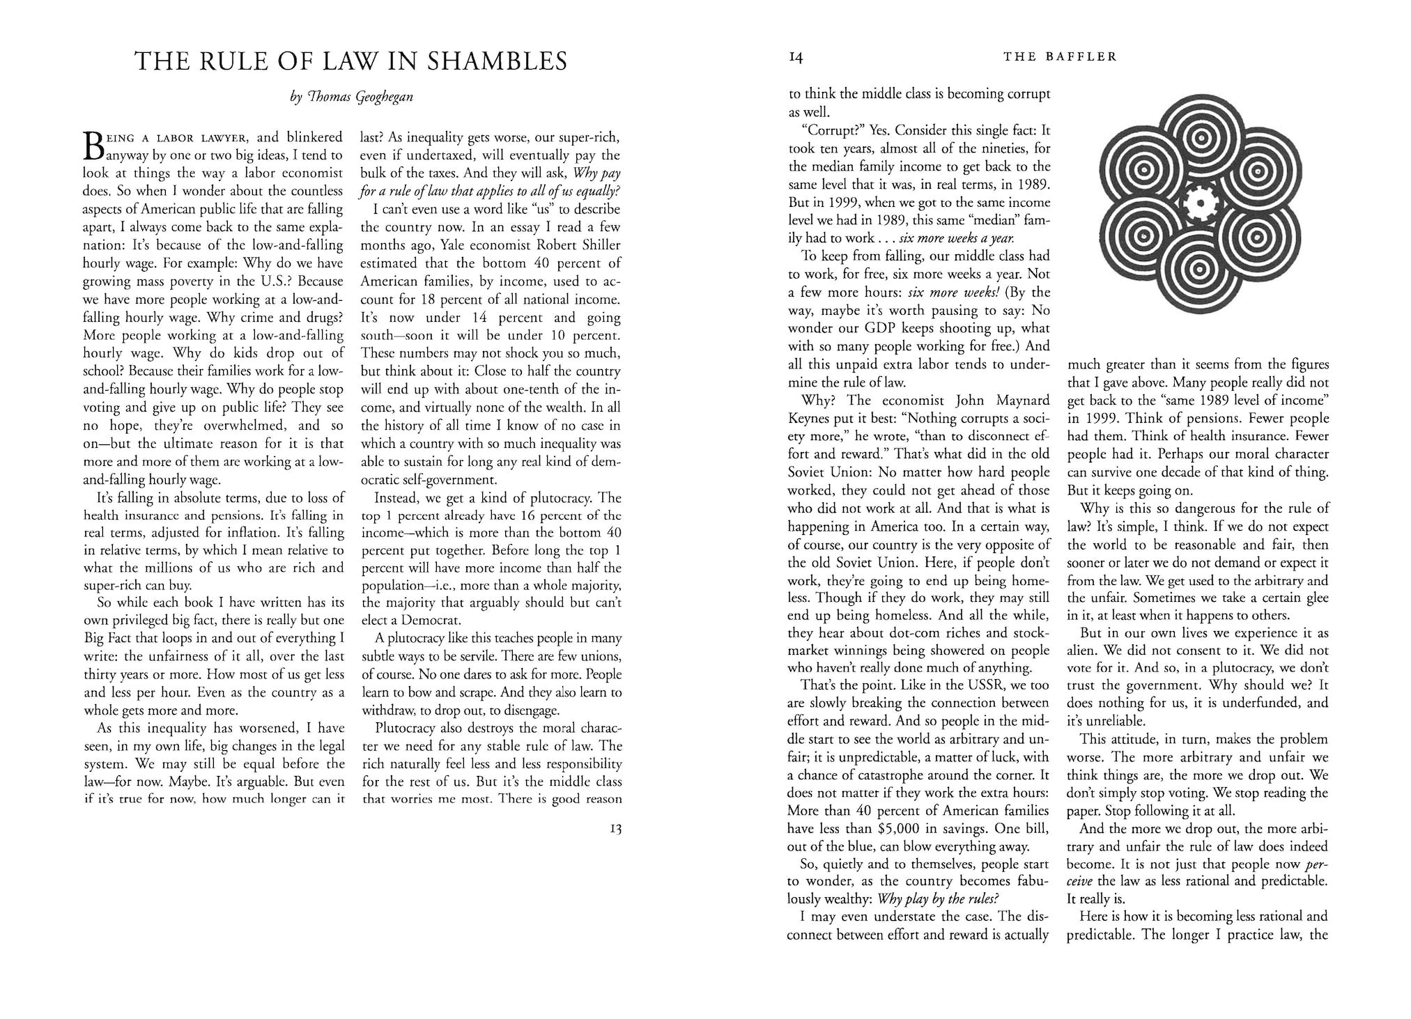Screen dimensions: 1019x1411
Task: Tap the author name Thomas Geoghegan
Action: [x=352, y=97]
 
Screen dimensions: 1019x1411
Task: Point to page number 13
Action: [x=615, y=829]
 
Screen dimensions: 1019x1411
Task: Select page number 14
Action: [x=796, y=59]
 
